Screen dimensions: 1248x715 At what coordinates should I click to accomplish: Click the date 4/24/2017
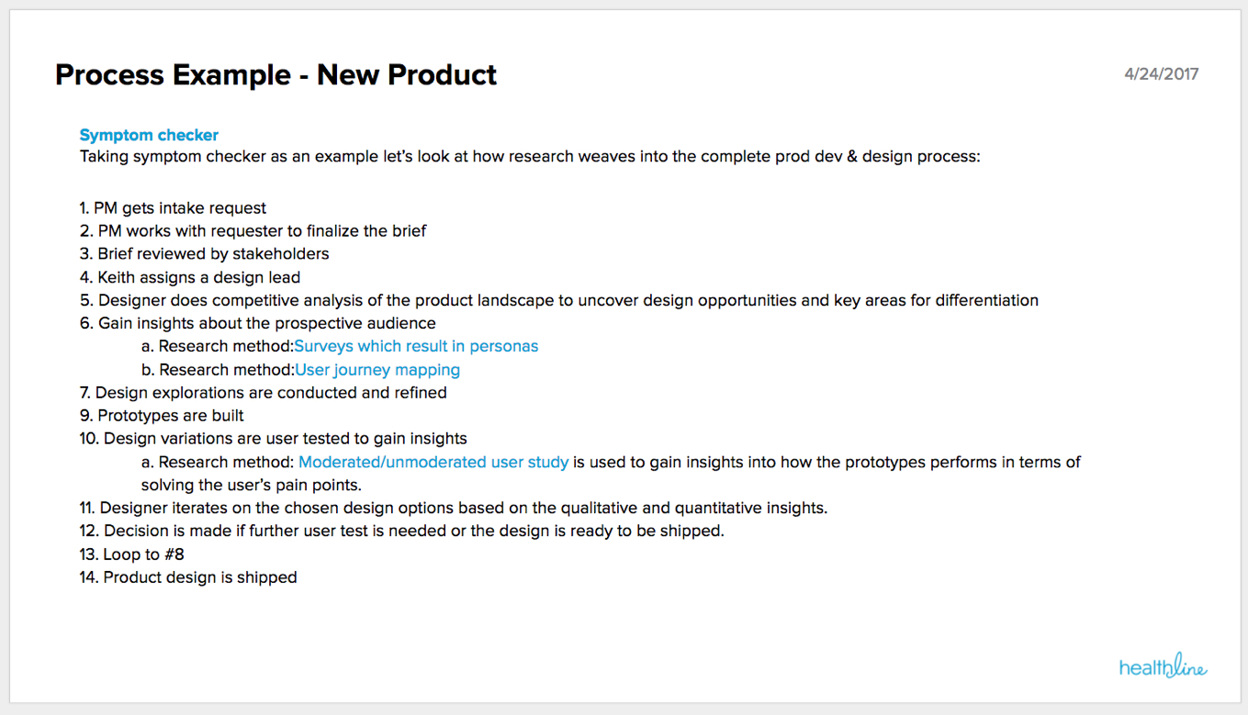[1161, 74]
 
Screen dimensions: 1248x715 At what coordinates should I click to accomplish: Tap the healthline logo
[1164, 665]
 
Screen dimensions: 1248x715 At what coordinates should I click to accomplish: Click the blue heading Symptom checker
[149, 135]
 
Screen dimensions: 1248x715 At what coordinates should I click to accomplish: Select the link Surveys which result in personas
[416, 346]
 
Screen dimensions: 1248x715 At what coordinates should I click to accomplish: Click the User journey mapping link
[377, 370]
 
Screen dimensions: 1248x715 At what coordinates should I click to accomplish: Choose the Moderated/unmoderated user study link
[433, 463]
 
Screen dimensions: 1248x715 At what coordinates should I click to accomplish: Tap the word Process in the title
[110, 74]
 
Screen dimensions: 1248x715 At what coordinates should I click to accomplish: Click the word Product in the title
[442, 74]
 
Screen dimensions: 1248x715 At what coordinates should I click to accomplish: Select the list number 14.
[89, 577]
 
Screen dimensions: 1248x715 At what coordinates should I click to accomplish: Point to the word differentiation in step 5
[986, 301]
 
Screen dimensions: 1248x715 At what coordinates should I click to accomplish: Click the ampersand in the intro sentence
[852, 156]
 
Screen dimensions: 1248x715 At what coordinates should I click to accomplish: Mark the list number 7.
[84, 393]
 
